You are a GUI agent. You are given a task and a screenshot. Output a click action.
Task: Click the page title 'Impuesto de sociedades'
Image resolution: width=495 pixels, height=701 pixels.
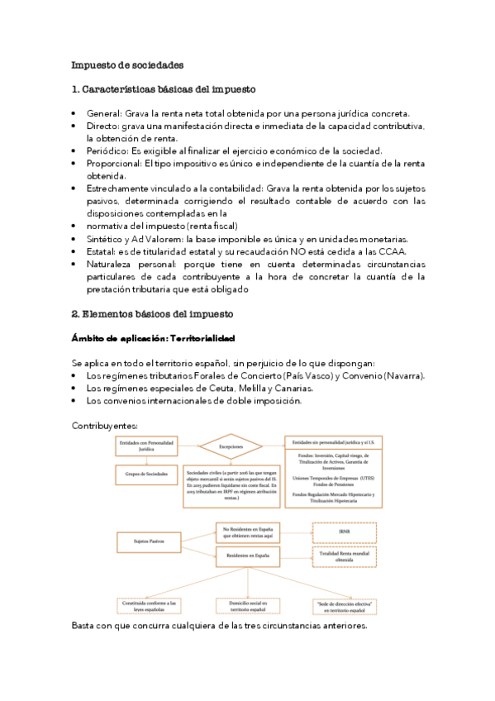point(127,64)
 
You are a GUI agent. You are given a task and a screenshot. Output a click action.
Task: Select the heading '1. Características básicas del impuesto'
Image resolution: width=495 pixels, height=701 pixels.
point(164,89)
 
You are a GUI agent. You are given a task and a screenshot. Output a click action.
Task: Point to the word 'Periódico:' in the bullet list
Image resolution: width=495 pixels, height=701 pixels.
point(107,150)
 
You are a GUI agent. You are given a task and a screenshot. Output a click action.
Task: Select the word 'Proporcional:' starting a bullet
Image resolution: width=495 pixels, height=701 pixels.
point(114,164)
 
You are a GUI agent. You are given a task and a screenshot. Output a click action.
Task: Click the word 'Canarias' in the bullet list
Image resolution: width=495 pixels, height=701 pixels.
point(290,389)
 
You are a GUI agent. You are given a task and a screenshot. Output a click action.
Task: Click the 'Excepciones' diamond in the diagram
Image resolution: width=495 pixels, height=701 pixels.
point(231,446)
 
